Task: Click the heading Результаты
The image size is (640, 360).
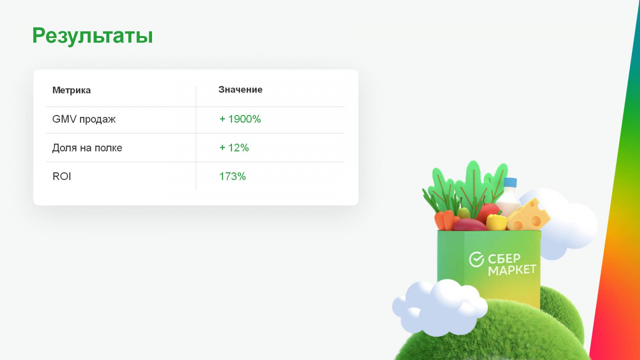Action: pos(92,36)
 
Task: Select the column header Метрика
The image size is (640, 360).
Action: pos(72,90)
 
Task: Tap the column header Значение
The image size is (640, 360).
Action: pos(240,90)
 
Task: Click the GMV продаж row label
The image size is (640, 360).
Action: pos(84,119)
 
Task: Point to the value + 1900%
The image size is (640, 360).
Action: pos(240,119)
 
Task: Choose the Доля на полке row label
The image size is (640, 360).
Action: pos(87,148)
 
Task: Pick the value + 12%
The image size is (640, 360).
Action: pos(234,148)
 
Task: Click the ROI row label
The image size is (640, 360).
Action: pos(62,176)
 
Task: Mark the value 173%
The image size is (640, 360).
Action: pos(232,176)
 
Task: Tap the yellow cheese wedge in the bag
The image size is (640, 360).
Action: pos(528,216)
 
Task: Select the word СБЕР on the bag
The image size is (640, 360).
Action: pos(504,258)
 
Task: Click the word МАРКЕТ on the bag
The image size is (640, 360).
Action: pos(512,270)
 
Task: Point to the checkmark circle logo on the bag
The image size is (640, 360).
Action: pos(476,260)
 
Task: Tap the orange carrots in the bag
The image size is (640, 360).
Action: pos(446,220)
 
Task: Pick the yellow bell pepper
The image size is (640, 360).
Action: pos(496,222)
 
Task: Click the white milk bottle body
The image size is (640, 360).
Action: pos(508,202)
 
